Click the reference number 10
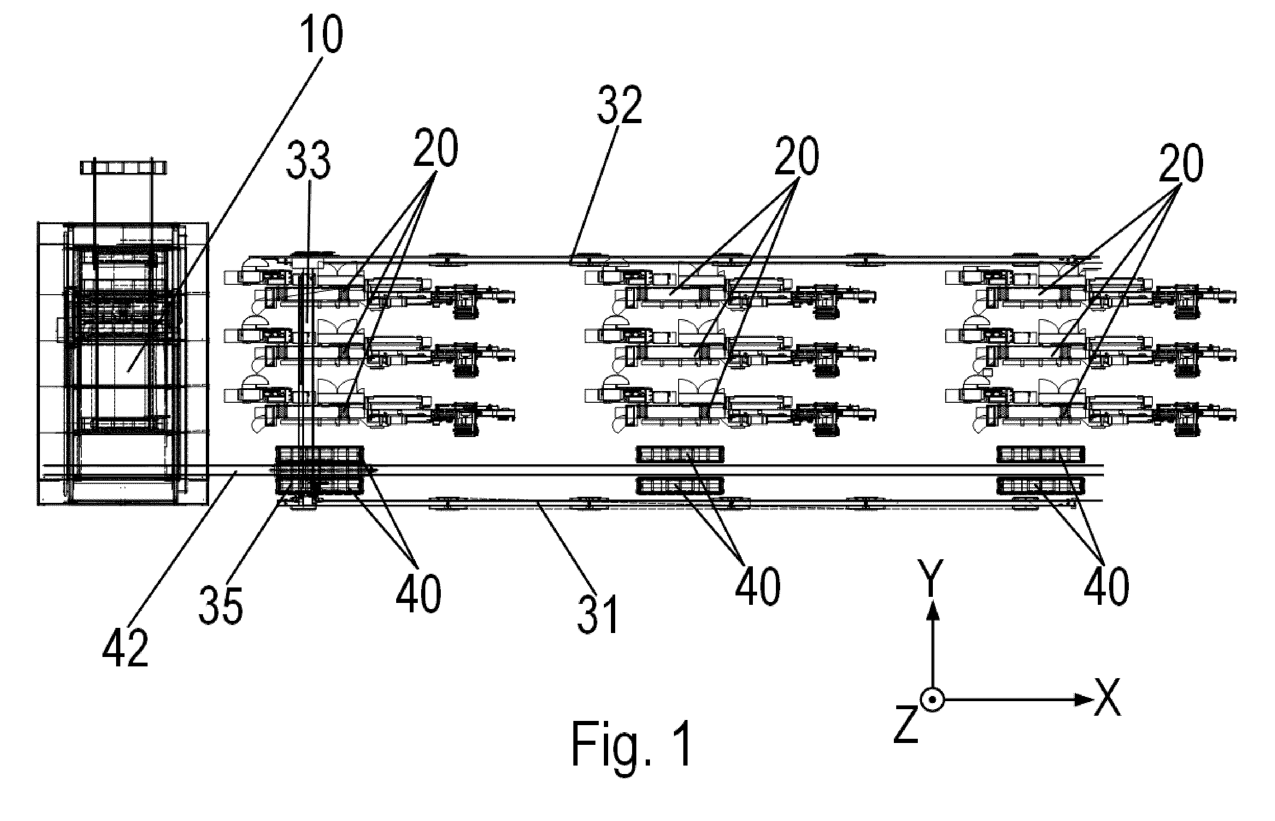tap(321, 33)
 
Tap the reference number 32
tap(619, 105)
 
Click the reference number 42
tap(125, 648)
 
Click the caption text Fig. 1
tap(632, 744)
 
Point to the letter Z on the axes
tap(906, 723)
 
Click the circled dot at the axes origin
tap(932, 700)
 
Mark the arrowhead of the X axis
tap(1084, 700)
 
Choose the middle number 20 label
tap(796, 156)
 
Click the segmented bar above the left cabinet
tap(124, 168)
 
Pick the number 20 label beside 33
tap(436, 147)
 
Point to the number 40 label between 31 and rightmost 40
tap(758, 586)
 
